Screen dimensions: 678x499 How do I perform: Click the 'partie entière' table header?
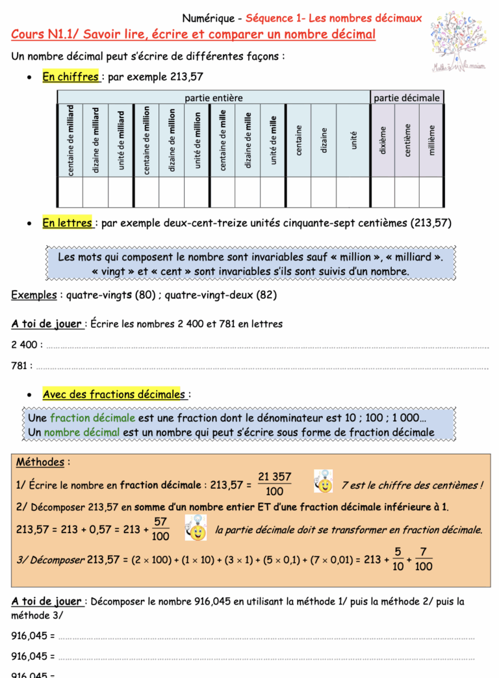tap(214, 98)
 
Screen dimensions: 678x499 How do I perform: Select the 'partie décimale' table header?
tap(407, 98)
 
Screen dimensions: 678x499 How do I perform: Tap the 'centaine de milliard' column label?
tap(70, 140)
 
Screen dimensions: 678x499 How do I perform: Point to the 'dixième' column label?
tap(383, 140)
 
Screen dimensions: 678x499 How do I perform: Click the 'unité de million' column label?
tap(197, 140)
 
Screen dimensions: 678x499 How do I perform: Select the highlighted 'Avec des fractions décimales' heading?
tap(114, 394)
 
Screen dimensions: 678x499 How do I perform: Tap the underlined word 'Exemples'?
tap(34, 294)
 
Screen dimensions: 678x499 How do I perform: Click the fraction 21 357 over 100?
tap(274, 484)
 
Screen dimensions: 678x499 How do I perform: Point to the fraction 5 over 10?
tap(398, 559)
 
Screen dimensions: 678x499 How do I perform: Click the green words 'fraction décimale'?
tap(92, 418)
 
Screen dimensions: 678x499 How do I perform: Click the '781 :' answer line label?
tap(21, 366)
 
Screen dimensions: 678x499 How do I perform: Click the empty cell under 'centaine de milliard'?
tap(70, 192)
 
